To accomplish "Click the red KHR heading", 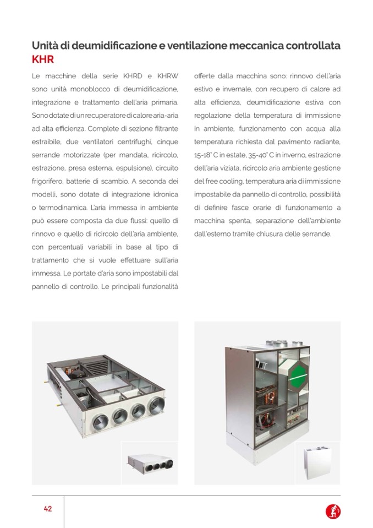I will tap(42, 59).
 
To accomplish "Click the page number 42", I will tap(48, 509).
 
